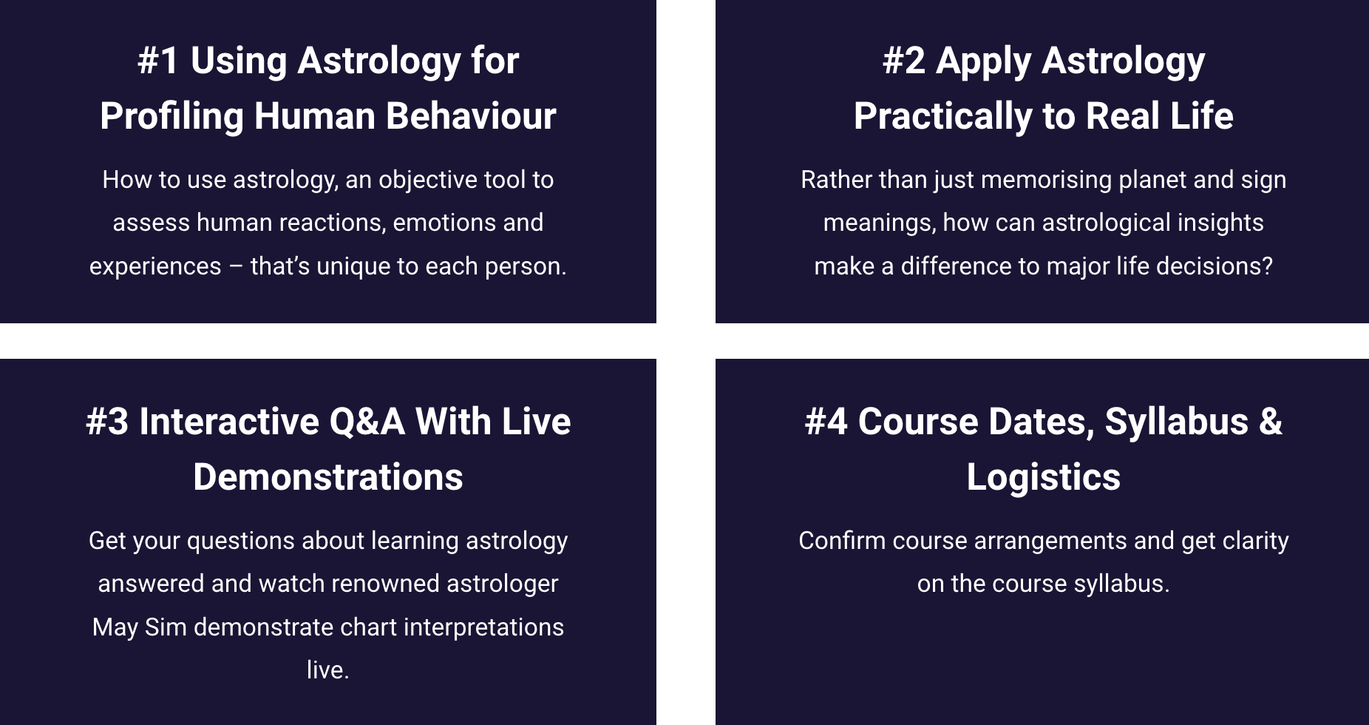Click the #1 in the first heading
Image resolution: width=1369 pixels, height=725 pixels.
tap(158, 61)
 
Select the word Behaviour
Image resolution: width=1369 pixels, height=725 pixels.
tap(471, 116)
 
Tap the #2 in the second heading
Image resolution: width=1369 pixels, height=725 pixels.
tap(903, 61)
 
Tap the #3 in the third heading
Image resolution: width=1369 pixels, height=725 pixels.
tap(107, 422)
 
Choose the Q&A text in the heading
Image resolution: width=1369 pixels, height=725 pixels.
tap(367, 422)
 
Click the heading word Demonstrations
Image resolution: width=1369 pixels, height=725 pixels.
tap(328, 477)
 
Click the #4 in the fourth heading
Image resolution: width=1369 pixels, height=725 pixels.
tap(826, 422)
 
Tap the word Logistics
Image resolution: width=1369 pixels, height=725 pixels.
tap(1044, 478)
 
